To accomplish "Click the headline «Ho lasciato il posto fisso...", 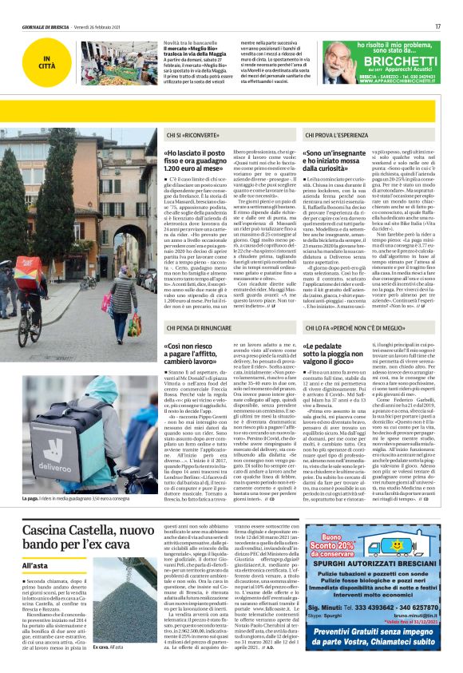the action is [x=196, y=160].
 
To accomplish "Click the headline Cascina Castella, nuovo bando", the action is [x=88, y=536].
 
